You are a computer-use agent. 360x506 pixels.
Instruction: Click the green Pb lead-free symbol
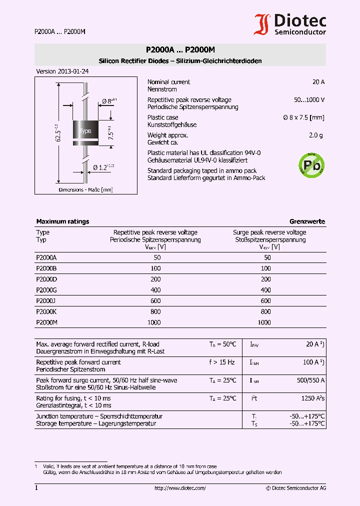point(311,164)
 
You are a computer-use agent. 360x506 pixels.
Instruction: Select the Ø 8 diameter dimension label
point(109,101)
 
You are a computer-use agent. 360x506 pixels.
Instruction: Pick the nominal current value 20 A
point(318,82)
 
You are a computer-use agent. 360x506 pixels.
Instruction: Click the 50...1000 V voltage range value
point(309,100)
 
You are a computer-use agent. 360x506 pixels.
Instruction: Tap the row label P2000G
point(46,290)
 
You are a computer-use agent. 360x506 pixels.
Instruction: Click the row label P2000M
point(47,322)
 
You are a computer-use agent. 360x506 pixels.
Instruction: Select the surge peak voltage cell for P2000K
point(266,311)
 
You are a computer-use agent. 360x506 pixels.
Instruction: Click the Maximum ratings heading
point(62,221)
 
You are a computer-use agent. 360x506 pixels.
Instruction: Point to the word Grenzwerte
point(307,221)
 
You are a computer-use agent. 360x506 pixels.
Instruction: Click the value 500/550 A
point(310,380)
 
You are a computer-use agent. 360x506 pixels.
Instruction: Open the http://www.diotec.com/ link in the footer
point(180,488)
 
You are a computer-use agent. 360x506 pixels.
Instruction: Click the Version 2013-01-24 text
point(62,71)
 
